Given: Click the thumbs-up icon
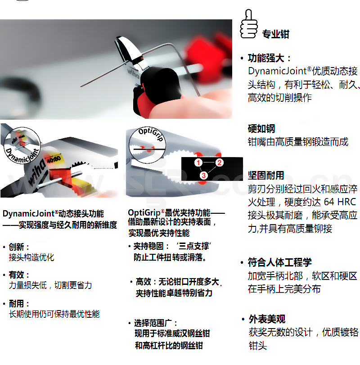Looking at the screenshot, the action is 248,24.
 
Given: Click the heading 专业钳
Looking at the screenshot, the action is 276,34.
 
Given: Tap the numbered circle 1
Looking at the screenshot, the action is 198,162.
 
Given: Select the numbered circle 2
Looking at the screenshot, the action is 220,162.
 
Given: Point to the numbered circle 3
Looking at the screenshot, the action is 203,175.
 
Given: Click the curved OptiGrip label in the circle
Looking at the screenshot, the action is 151,134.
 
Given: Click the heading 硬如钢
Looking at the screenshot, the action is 261,129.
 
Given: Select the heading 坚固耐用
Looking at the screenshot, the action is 266,175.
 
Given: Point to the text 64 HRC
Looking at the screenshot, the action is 340,202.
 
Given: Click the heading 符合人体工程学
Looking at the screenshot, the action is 280,262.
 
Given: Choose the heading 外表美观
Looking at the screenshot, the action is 267,319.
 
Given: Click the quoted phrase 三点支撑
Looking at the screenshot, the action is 193,246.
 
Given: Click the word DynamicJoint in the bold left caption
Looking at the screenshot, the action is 28,213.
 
